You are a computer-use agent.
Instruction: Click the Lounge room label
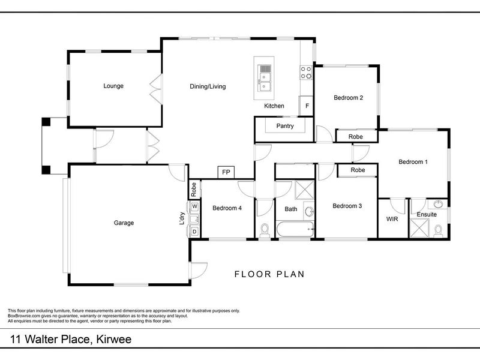click(x=113, y=86)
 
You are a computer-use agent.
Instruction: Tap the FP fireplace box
click(x=226, y=172)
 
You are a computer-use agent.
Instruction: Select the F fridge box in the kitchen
click(x=307, y=106)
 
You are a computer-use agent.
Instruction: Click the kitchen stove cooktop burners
click(x=306, y=73)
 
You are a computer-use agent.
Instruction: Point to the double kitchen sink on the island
click(x=265, y=78)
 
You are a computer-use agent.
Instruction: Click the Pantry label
click(x=285, y=126)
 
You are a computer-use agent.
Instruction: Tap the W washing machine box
click(x=194, y=206)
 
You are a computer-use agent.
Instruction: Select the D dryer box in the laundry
click(x=194, y=232)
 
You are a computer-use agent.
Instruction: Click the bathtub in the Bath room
click(x=295, y=229)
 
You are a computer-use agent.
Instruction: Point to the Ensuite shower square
click(x=419, y=228)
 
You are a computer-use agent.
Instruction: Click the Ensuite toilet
click(x=438, y=231)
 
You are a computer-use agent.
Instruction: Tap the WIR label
click(x=392, y=219)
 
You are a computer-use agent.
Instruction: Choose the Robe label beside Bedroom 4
click(x=193, y=190)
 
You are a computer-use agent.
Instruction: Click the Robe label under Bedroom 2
click(x=355, y=137)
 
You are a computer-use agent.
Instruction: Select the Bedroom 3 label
click(x=347, y=206)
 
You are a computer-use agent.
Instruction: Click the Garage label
click(x=124, y=223)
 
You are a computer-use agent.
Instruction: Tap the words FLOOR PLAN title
click(x=269, y=274)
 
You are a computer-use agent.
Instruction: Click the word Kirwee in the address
click(x=114, y=339)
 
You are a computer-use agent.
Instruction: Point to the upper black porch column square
click(x=46, y=122)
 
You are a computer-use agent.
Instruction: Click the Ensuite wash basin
click(x=438, y=204)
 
